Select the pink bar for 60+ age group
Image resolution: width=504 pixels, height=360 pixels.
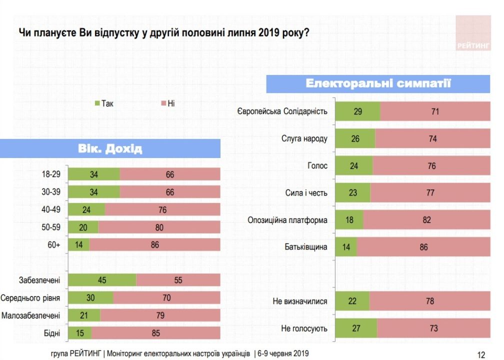(154, 245)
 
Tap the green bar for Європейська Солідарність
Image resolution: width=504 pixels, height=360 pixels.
(357, 111)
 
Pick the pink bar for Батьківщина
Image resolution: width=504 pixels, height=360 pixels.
(423, 247)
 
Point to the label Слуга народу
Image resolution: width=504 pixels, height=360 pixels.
(304, 138)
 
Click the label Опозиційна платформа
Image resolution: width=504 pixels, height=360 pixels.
(287, 220)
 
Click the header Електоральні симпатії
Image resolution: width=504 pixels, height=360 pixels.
(378, 83)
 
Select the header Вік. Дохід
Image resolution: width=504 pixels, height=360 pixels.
(110, 148)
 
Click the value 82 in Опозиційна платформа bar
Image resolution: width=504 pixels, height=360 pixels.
(426, 220)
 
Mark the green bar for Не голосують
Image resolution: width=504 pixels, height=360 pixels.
(355, 328)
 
